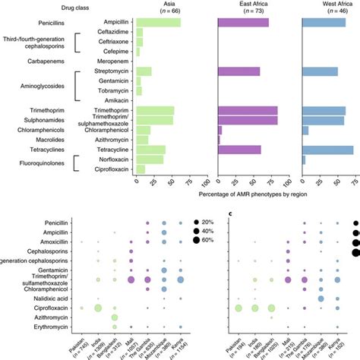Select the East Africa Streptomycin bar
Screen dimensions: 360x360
pyautogui.click(x=238, y=71)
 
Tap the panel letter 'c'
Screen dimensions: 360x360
pyautogui.click(x=230, y=213)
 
